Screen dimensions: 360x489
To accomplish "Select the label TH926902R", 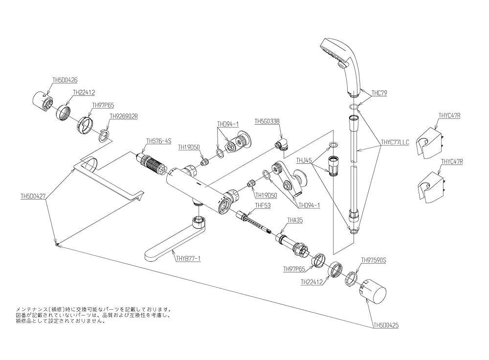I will (x=124, y=116).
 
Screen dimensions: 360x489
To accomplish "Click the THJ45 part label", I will (x=304, y=160).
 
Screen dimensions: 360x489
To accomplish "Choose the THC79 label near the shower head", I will (x=379, y=92).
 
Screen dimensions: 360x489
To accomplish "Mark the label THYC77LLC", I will (x=395, y=142).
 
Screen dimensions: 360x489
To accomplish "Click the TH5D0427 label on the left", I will (x=33, y=196).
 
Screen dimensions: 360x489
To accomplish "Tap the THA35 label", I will (x=296, y=221).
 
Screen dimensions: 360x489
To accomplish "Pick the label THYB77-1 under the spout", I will (x=188, y=258).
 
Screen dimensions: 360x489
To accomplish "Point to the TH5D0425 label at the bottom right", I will (x=385, y=325).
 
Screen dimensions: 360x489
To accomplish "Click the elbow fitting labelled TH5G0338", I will (x=281, y=145).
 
